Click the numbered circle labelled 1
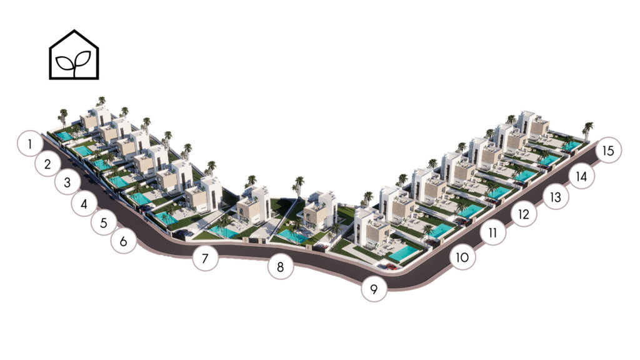point(30,143)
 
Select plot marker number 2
point(47,164)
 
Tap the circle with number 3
point(67,182)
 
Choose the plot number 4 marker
point(84,203)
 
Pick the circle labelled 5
point(104,222)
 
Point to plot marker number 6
point(124,241)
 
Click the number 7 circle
point(205,258)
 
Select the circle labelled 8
point(281,266)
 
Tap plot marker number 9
point(374,289)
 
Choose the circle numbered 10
point(462,257)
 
